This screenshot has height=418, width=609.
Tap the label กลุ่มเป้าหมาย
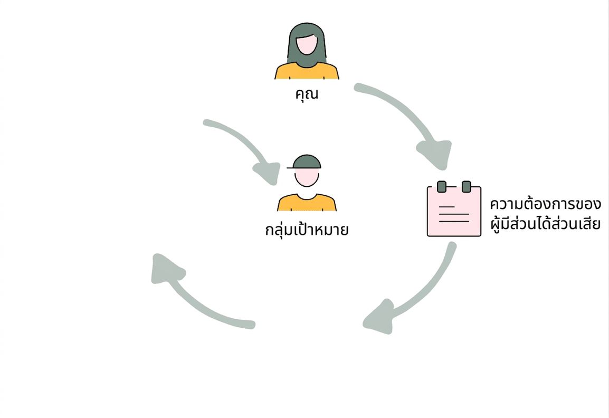(x=307, y=229)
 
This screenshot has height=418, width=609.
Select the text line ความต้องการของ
(x=545, y=204)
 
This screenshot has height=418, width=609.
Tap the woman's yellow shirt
(x=307, y=71)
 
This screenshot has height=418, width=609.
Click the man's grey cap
(x=307, y=161)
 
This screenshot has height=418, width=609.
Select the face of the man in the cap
(x=307, y=177)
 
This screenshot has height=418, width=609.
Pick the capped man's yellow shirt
(x=307, y=203)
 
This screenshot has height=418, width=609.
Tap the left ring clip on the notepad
(x=442, y=186)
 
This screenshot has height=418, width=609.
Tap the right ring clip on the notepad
(x=467, y=186)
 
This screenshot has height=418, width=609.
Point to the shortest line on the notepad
(x=446, y=207)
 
